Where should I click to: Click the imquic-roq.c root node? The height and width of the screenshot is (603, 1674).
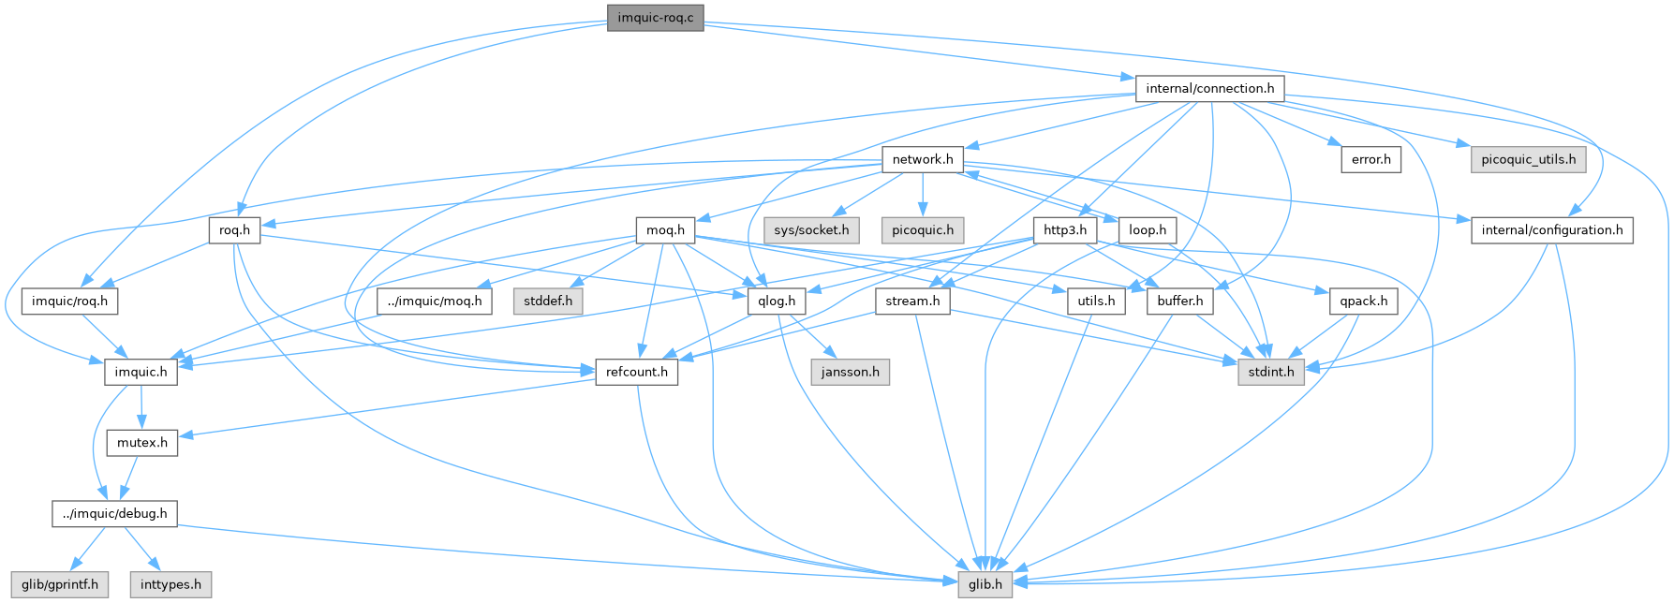655,18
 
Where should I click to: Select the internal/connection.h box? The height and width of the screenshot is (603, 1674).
1209,89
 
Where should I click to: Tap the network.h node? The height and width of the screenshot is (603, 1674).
923,159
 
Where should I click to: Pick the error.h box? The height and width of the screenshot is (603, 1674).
1370,159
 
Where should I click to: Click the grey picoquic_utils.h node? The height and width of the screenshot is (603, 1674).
1528,159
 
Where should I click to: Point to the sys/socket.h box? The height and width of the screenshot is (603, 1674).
811,230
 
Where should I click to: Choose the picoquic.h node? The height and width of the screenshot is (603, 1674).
923,230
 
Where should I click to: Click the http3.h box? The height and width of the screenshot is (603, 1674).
1064,230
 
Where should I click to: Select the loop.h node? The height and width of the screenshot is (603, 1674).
1148,230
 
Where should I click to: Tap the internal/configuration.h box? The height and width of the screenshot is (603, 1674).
1552,230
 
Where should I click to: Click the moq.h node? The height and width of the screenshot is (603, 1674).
666,230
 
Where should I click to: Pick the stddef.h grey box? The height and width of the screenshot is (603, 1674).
548,301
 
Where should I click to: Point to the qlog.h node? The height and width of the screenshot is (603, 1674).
778,301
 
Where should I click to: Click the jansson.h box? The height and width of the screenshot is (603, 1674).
850,373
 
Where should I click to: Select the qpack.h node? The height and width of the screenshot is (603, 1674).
1364,301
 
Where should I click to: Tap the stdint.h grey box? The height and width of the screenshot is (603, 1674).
1271,373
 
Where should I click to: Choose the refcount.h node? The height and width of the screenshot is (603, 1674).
637,373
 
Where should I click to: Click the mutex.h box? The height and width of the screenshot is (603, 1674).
141,443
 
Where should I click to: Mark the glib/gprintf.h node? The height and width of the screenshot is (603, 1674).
60,585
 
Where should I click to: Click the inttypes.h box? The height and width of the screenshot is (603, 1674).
170,585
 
